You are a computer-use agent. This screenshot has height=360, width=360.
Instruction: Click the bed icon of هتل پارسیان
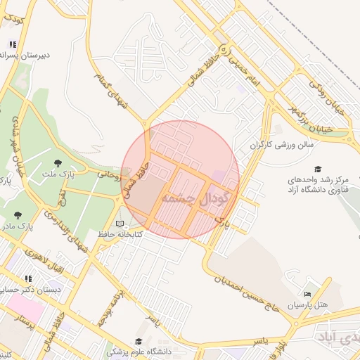[307, 294]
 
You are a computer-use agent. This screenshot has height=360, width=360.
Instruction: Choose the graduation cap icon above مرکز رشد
[318, 169]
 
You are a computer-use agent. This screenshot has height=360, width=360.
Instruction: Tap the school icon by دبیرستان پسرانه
[13, 44]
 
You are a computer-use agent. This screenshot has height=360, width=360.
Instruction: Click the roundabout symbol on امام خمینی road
[224, 49]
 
